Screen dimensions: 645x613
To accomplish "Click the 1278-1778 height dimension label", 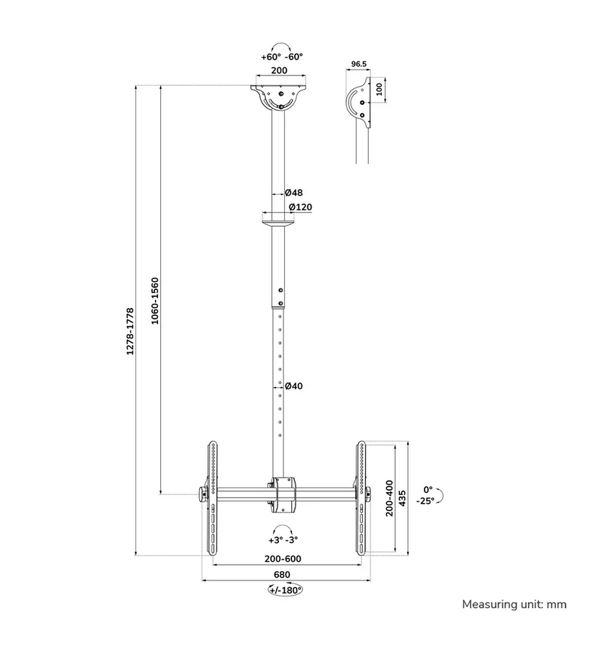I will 130,330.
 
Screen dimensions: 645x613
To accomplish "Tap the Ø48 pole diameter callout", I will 293,193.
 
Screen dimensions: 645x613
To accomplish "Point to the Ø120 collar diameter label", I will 300,207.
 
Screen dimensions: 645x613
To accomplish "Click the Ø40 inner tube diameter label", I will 293,386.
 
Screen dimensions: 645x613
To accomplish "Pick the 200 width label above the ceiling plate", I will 279,71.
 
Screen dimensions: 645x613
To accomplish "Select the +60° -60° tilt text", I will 282,57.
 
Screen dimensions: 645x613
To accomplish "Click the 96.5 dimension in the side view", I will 359,64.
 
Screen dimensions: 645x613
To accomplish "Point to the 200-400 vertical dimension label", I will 389,497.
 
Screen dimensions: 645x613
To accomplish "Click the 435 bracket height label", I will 403,497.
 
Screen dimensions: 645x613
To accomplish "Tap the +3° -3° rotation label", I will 283,540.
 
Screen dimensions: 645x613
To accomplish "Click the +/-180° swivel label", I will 285,590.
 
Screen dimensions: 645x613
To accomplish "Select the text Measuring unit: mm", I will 514,604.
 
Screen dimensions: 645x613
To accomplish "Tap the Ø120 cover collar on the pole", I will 279,219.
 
